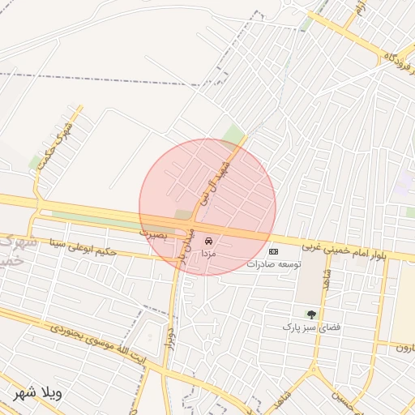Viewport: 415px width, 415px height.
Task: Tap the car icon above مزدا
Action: [209, 242]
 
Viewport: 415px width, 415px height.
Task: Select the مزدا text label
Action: [209, 254]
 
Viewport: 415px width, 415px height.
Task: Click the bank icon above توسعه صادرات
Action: [273, 251]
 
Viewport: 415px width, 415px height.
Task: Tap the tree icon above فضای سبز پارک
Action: [311, 314]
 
